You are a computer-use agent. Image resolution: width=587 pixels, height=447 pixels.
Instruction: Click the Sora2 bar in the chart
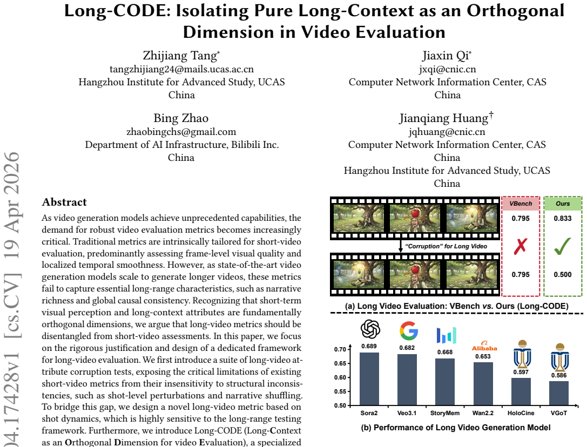369,379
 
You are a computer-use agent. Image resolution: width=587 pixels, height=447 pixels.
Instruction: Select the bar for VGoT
559,393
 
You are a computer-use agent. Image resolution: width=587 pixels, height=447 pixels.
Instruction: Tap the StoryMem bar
445,382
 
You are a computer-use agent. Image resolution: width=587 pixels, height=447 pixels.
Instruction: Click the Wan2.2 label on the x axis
483,413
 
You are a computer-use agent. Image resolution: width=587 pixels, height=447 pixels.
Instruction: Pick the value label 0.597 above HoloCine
521,372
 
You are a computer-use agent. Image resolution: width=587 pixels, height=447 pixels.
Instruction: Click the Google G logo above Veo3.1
408,330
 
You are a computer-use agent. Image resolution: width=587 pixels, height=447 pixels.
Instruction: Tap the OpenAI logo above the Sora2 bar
370,329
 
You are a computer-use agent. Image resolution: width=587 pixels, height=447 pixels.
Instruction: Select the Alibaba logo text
484,348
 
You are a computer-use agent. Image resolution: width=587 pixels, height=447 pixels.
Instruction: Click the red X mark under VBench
521,246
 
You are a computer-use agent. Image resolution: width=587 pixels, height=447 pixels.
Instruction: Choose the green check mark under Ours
563,246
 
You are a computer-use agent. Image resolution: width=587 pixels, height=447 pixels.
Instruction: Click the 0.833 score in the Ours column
563,219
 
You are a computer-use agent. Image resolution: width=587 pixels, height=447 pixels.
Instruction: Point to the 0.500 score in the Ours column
563,274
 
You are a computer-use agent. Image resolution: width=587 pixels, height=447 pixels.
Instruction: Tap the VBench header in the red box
521,204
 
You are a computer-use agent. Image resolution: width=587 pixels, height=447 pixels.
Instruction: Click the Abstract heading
64,202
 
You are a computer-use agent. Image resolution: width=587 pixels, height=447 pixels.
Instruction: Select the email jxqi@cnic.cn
447,69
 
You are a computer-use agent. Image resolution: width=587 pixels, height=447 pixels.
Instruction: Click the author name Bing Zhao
181,118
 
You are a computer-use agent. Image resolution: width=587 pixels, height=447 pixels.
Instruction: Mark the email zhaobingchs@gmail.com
181,132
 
